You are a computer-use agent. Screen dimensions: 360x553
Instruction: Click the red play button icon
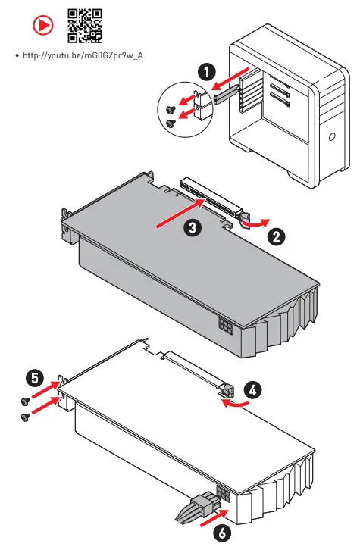click(x=43, y=25)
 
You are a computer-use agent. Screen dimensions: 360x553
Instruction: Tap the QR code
click(x=85, y=26)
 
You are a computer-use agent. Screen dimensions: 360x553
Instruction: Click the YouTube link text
click(x=83, y=55)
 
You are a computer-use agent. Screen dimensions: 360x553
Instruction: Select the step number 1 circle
click(x=206, y=72)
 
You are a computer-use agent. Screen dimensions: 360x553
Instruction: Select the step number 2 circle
click(x=276, y=236)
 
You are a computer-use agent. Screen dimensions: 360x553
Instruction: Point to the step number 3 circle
click(x=193, y=227)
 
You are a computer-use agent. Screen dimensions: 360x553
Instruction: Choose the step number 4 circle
click(x=252, y=390)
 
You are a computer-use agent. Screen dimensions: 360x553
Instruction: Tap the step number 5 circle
click(x=35, y=379)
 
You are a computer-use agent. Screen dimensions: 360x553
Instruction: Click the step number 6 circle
click(x=222, y=533)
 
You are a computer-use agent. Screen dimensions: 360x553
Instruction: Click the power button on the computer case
click(x=331, y=136)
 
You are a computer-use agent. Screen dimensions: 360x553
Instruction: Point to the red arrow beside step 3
click(x=180, y=214)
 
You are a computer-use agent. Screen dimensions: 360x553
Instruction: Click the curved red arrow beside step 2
click(x=257, y=223)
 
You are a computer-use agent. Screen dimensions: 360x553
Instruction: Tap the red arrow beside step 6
click(x=214, y=517)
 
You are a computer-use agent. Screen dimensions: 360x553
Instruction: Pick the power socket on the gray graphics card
click(x=226, y=327)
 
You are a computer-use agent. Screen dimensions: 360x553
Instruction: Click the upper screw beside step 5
click(x=26, y=401)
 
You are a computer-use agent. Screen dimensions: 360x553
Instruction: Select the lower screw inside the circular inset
click(x=171, y=123)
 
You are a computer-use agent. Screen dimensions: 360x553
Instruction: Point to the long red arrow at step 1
click(x=230, y=79)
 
